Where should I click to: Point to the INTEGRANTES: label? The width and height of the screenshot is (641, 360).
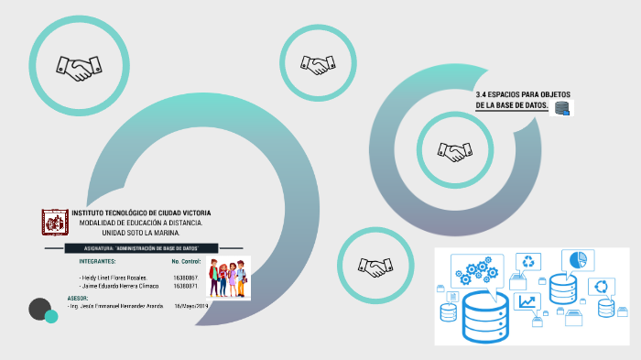pos(98,262)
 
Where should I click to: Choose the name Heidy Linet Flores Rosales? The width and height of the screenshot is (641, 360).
pos(114,277)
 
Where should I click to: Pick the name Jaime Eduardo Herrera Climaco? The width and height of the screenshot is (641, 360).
pos(119,286)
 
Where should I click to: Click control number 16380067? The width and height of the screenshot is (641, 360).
pos(185,277)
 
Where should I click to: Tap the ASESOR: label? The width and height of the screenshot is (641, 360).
pos(78,299)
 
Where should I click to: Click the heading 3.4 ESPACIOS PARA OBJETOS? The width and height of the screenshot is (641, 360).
pos(519,94)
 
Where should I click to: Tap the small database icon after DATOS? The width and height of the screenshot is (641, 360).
pos(561,108)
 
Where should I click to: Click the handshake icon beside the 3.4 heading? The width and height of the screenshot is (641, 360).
pos(455,151)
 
